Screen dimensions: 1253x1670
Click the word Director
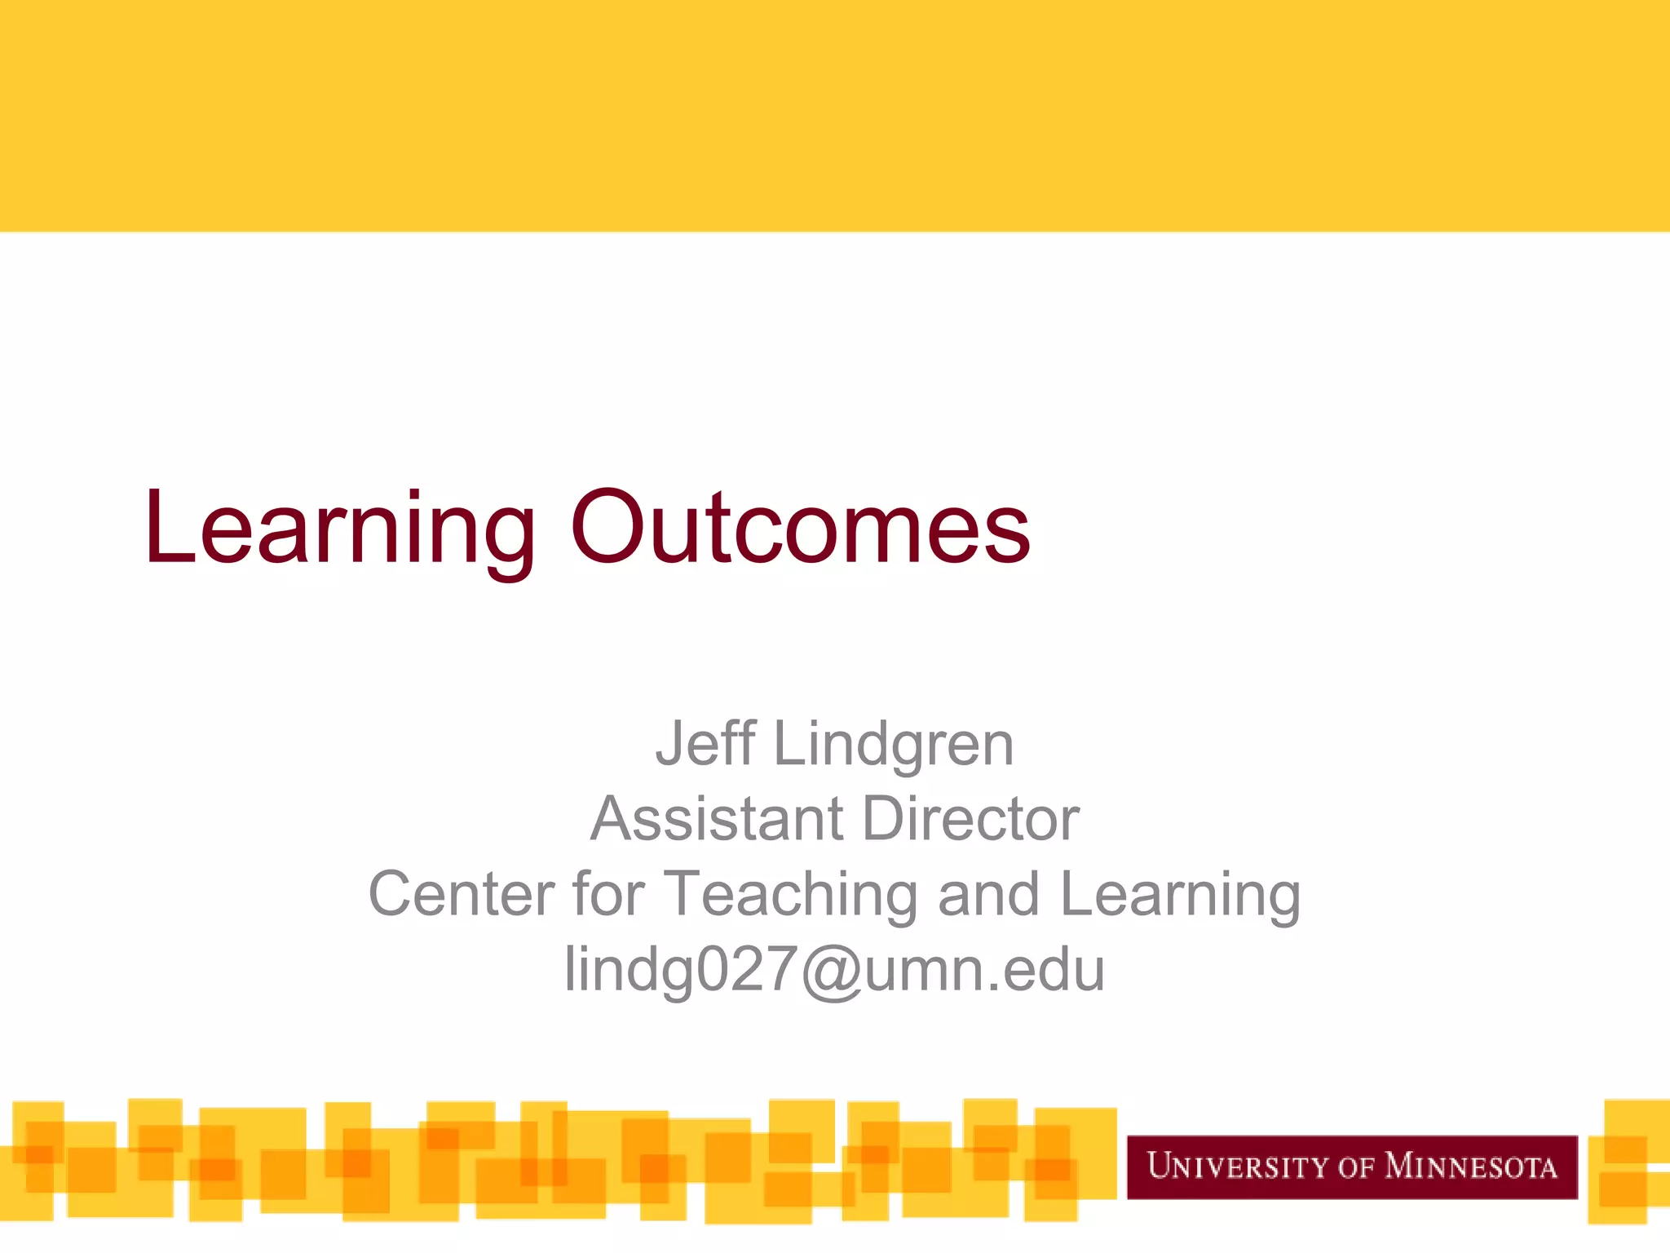(970, 819)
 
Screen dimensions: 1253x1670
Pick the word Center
(461, 894)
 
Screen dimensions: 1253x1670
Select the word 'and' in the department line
(988, 894)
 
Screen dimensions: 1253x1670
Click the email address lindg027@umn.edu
(834, 969)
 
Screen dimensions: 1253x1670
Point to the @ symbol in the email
(831, 971)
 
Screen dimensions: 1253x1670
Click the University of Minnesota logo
(1351, 1167)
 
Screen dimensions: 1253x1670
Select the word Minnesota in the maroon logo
(1471, 1167)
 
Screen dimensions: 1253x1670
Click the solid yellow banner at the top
(835, 114)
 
